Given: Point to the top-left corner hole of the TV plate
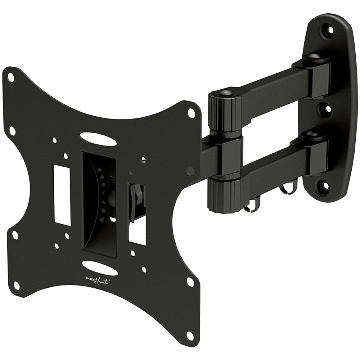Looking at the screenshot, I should (11, 77).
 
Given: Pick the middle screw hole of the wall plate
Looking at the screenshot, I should (328, 108).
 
